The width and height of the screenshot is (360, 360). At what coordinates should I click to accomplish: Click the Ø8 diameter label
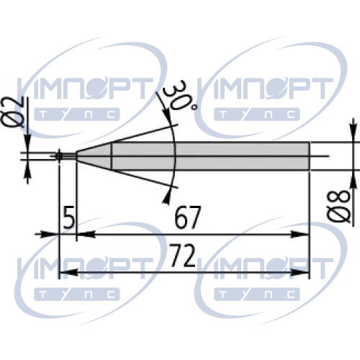pos(338,206)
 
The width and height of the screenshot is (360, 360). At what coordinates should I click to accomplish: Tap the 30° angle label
pos(179,96)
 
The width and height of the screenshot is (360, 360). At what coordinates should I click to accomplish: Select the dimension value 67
pos(187,217)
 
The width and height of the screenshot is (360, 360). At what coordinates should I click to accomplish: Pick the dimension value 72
pos(182,256)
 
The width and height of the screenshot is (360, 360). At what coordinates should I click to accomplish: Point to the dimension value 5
pos(69,217)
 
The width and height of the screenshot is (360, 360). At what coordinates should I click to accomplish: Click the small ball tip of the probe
pos(59,156)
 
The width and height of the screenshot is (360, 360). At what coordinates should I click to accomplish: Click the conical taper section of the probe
pos(94,156)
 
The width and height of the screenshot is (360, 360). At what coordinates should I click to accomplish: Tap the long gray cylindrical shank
pos(210,156)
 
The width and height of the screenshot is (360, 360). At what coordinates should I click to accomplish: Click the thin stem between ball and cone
pos(69,156)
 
